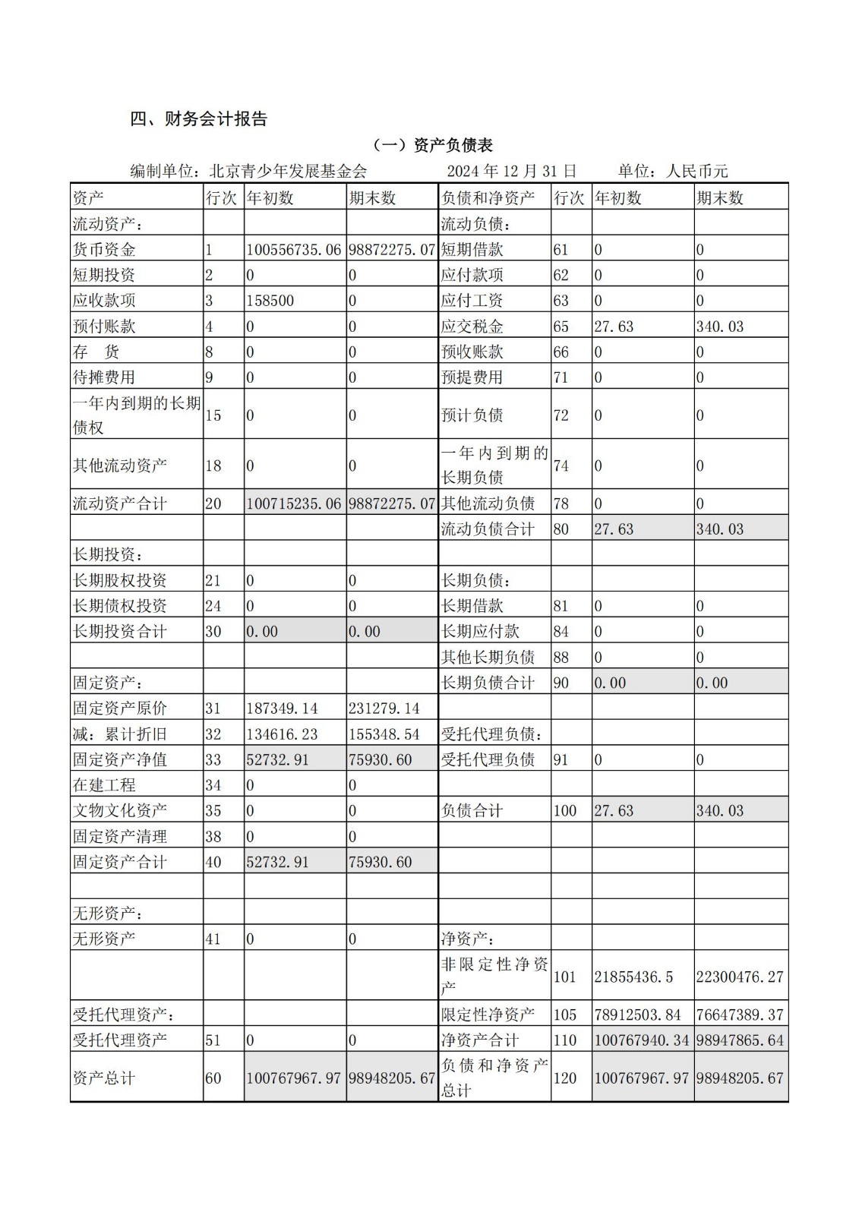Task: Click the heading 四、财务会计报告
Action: (199, 119)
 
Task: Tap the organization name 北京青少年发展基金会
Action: (288, 171)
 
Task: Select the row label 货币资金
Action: (104, 249)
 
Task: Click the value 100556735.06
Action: (294, 249)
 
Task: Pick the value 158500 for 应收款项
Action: (270, 300)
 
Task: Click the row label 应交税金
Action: (472, 327)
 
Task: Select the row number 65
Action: (561, 327)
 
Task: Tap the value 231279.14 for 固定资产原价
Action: (384, 708)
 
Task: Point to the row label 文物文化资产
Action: (120, 810)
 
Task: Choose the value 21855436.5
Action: (633, 977)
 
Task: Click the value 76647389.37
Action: (740, 1015)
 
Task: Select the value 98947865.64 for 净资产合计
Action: (740, 1040)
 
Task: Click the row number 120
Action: (565, 1078)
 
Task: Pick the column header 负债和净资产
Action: (488, 198)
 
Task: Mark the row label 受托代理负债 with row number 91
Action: (488, 759)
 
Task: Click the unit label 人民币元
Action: (696, 171)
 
